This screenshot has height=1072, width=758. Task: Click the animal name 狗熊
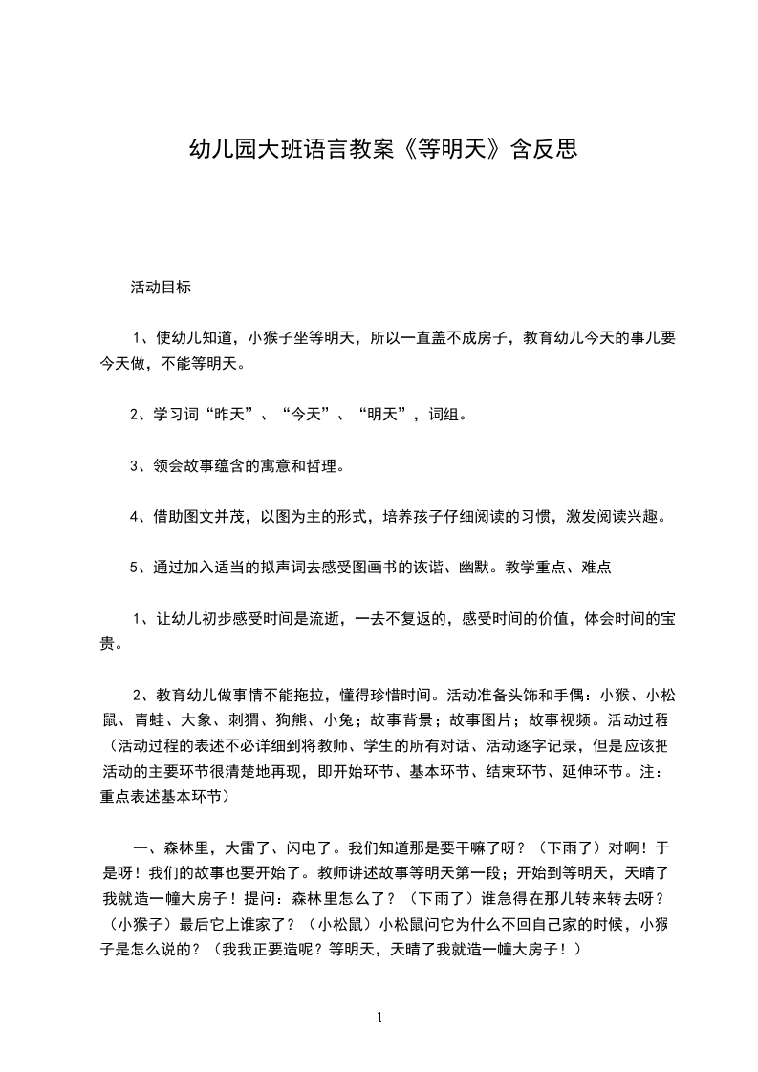(x=292, y=718)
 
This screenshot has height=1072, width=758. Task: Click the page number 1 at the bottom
(x=379, y=1018)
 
